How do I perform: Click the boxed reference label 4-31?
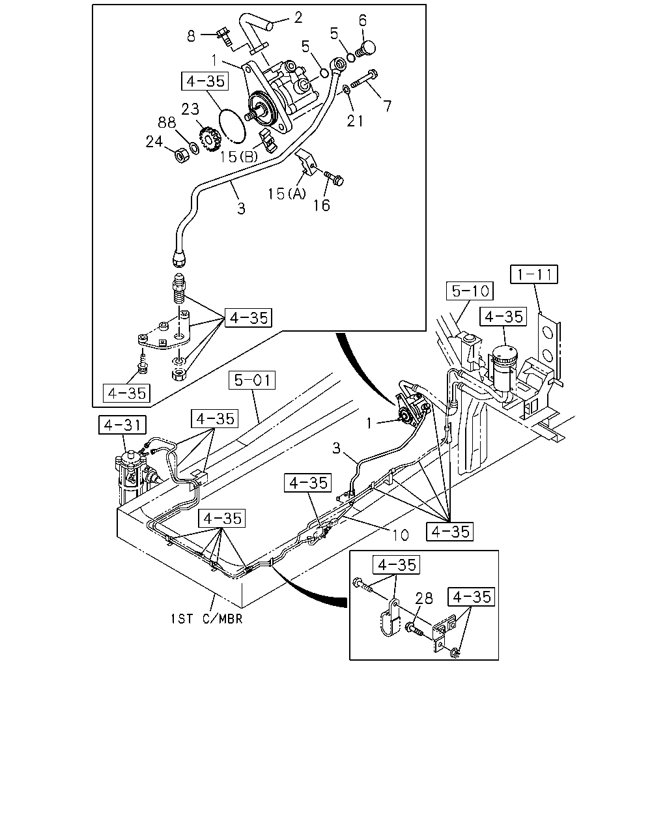point(122,425)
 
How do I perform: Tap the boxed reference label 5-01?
point(252,380)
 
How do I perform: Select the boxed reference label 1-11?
point(533,274)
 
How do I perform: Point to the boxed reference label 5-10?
point(470,291)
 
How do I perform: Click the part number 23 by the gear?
point(190,109)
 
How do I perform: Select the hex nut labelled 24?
point(182,156)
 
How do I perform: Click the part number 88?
point(167,122)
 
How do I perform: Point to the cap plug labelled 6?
point(365,50)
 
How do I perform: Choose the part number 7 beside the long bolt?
point(387,106)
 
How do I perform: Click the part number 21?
point(354,121)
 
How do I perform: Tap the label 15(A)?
point(287,194)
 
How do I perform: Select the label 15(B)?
point(239,156)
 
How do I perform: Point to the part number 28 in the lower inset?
point(423,598)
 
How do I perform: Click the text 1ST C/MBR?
point(207,619)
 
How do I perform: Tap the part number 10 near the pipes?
point(401,535)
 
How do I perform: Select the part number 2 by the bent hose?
point(298,18)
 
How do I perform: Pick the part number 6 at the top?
point(363,21)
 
